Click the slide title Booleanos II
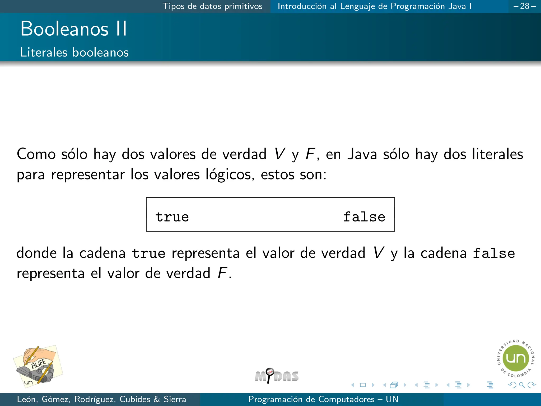pos(74,29)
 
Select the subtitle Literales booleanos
pos(74,52)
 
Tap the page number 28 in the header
pos(525,6)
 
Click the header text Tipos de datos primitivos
pos(212,6)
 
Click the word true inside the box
pos(172,217)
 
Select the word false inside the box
pos(364,217)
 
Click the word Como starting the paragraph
pos(36,154)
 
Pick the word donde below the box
pos(36,253)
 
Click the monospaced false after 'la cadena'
pos(494,253)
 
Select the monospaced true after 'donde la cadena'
pos(148,253)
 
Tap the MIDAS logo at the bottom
pos(277,376)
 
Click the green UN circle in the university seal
pos(516,358)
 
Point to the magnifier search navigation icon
pos(522,385)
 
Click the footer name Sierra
pos(175,399)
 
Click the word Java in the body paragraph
pos(362,154)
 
